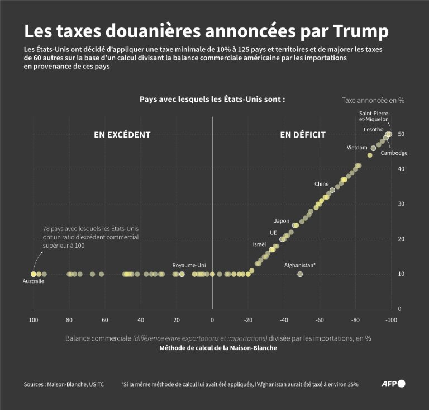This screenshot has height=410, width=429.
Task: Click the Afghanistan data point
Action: [300, 274]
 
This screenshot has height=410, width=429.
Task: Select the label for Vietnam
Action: [357, 148]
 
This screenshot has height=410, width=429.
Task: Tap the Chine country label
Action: [321, 183]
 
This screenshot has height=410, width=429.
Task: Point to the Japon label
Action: [282, 220]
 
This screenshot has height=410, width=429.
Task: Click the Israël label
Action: [259, 244]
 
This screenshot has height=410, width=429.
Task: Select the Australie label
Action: [34, 281]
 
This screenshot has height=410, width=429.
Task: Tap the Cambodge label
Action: [395, 153]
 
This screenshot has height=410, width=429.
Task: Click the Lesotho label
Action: [373, 129]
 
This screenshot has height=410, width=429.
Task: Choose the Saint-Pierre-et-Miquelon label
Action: [374, 116]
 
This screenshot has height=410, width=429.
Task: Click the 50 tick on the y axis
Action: [401, 134]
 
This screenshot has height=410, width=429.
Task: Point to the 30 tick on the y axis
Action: [401, 204]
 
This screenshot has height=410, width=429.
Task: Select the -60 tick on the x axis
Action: [320, 319]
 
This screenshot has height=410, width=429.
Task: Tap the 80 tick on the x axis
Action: [69, 319]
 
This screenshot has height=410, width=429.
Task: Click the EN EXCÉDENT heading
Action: [122, 135]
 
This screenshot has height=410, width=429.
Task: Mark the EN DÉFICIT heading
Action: [302, 135]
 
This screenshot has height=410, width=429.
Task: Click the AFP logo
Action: [393, 384]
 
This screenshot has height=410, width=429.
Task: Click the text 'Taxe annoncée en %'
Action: [373, 100]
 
